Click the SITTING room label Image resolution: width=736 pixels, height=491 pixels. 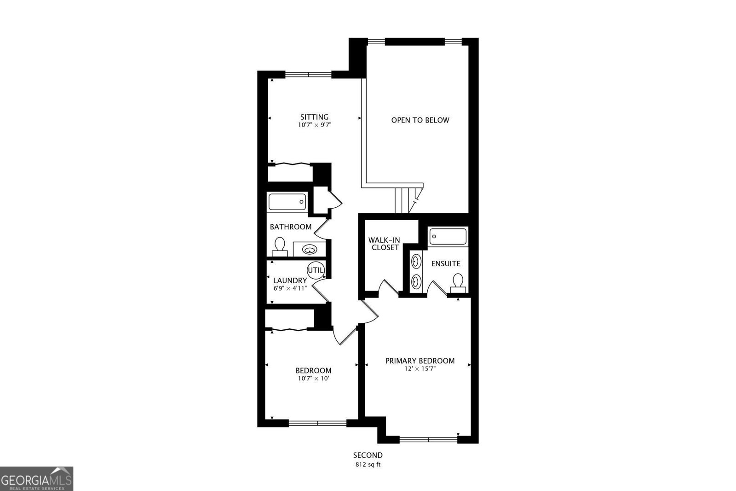tap(314, 117)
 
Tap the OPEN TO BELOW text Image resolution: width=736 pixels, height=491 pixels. tap(420, 120)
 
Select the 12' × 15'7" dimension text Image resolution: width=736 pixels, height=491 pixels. tap(420, 368)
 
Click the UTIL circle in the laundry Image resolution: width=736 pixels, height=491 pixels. tap(316, 270)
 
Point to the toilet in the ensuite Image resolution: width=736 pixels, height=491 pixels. tap(457, 283)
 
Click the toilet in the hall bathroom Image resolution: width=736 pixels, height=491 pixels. tap(280, 247)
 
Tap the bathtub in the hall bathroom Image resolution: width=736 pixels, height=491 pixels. tap(287, 202)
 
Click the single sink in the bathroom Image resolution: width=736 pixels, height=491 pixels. tap(310, 250)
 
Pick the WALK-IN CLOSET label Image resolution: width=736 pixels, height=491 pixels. tap(384, 244)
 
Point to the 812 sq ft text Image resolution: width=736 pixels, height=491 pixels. tap(368, 464)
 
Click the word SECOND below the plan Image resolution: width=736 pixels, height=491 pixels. tap(368, 455)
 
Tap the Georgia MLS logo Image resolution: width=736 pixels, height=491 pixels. tap(36, 479)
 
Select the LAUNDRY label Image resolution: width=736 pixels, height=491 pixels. tap(290, 281)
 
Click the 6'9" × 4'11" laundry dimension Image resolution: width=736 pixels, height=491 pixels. tap(290, 288)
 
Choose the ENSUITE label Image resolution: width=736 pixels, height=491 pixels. tap(445, 263)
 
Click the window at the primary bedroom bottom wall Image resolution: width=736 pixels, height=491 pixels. tap(428, 439)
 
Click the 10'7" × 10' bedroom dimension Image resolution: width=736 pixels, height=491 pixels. tap(313, 378)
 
